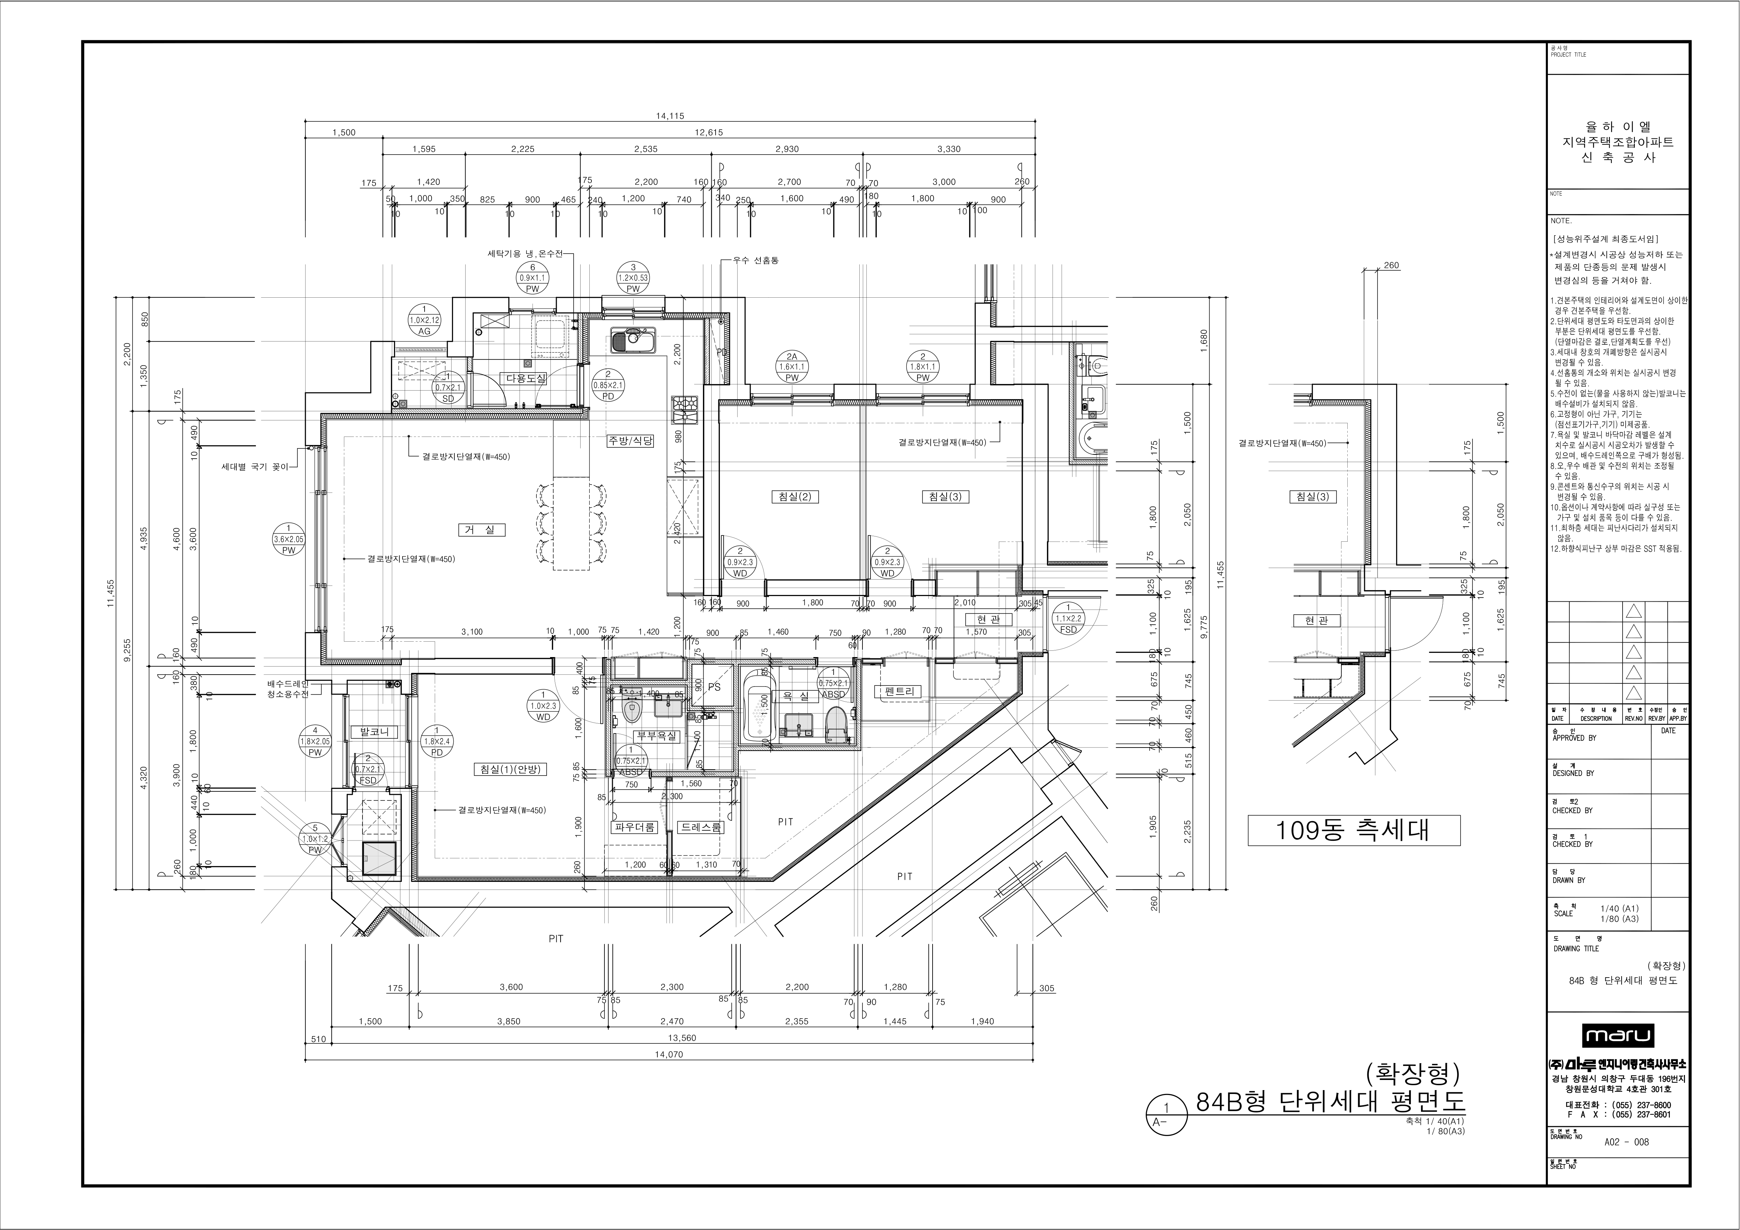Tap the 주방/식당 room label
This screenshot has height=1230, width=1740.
[x=630, y=440]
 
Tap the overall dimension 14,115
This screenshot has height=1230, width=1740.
[x=670, y=116]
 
